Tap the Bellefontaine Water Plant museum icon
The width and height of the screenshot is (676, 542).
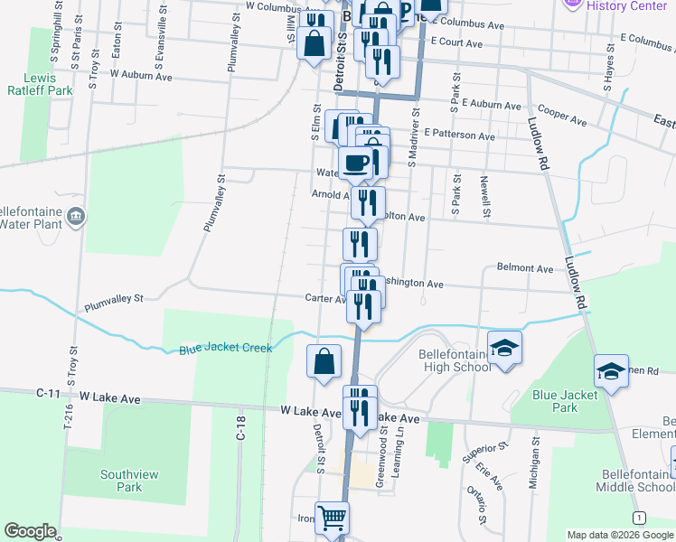(77, 216)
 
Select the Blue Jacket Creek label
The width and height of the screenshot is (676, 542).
(225, 348)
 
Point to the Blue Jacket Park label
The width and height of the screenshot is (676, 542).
(566, 401)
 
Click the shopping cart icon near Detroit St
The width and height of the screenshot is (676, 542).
(332, 518)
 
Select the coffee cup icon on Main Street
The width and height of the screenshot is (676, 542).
(356, 163)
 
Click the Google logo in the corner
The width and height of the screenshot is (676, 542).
(30, 531)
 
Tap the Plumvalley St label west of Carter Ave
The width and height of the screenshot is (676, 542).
(113, 297)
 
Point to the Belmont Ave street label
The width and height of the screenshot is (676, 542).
(525, 269)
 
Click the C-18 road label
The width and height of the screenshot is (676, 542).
(241, 428)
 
